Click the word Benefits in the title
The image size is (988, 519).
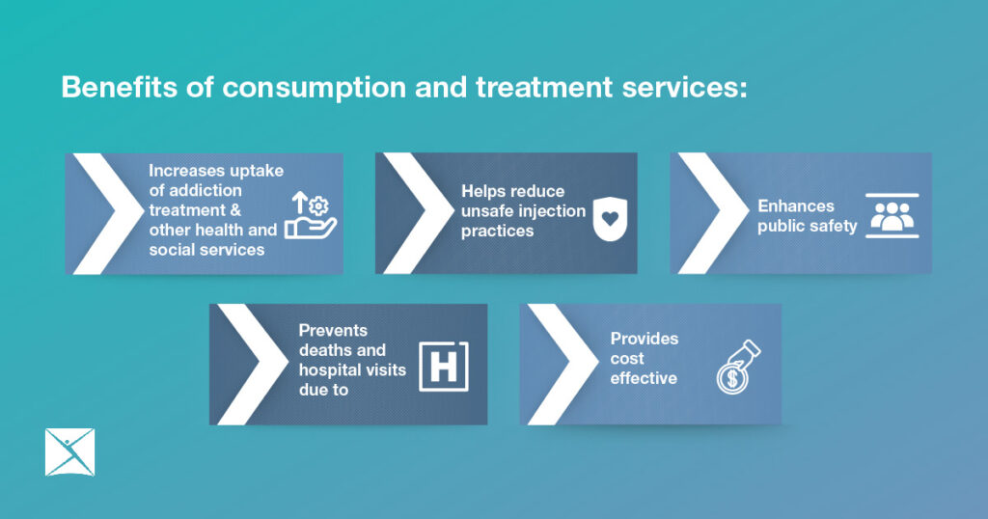(x=119, y=87)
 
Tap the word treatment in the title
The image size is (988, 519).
(x=544, y=87)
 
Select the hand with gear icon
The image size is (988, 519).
(x=311, y=215)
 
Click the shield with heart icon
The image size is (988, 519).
(x=610, y=219)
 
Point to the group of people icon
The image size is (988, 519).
(x=892, y=215)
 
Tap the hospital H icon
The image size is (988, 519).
(x=444, y=367)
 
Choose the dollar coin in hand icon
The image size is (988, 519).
(x=738, y=368)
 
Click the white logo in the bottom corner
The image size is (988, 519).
(x=69, y=452)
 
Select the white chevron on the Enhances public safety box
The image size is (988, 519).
(x=713, y=213)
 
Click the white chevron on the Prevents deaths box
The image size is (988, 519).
(x=253, y=364)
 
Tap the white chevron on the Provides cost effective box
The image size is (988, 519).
(x=563, y=364)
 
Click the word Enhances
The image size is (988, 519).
(x=796, y=206)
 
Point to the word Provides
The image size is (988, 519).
(x=644, y=339)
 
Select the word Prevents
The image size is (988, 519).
(x=333, y=330)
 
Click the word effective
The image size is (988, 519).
(x=644, y=378)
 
